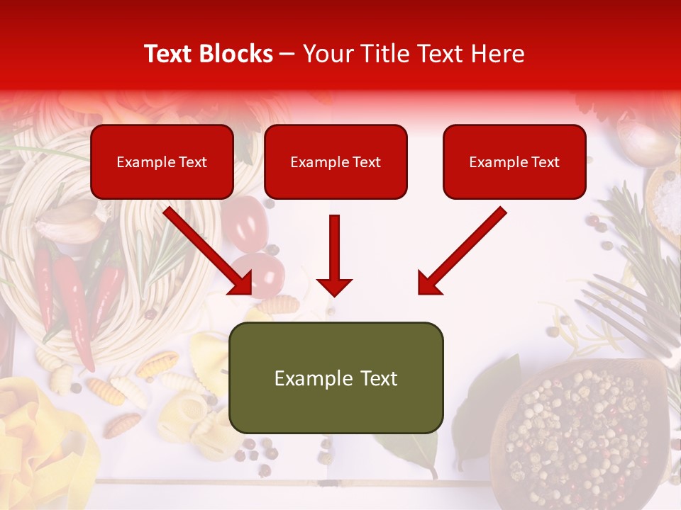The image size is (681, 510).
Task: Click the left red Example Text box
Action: coord(162,162)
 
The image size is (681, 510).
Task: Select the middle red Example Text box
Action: coord(336,162)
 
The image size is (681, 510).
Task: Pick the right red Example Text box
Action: coord(514,162)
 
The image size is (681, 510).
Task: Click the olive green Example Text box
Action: coord(336,378)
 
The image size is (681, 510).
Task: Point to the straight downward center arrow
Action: coord(334,255)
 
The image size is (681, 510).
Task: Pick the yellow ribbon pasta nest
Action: coord(35,439)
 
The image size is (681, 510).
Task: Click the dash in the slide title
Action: coord(287,55)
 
